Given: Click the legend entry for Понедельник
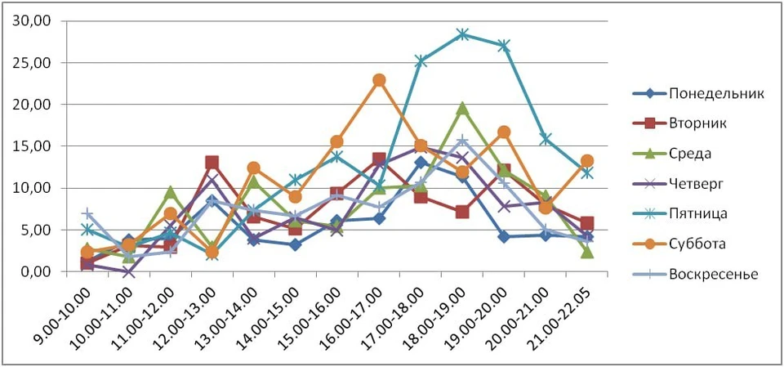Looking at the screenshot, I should (x=715, y=92).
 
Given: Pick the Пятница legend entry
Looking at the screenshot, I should (x=699, y=213).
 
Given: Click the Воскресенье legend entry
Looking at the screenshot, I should (x=713, y=274).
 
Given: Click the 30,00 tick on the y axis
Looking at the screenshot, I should (x=35, y=20).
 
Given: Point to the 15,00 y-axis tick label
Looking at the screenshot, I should (x=35, y=146).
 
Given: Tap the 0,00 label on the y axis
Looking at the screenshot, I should (x=38, y=271).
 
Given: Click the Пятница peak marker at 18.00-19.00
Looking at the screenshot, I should (x=463, y=34).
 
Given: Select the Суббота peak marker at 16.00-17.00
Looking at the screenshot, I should (x=379, y=80).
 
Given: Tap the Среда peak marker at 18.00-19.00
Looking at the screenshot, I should (x=463, y=108).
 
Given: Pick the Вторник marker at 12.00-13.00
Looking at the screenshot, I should (x=212, y=163).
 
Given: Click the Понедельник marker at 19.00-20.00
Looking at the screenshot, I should (x=505, y=236).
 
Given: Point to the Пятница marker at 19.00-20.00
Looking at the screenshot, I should (x=505, y=46).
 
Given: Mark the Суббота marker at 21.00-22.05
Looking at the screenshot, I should (x=588, y=161).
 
